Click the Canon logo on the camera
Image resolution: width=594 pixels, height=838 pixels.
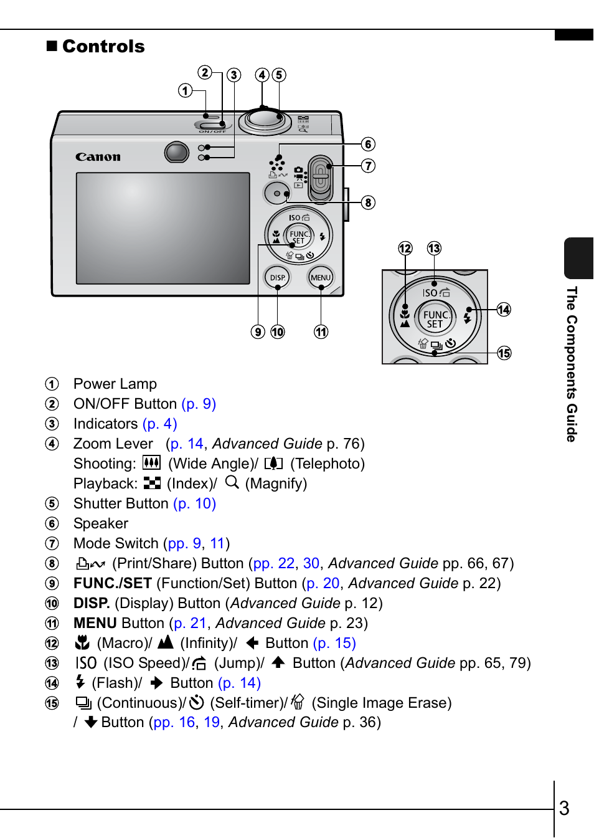[98, 157]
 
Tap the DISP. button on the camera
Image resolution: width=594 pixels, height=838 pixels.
[278, 278]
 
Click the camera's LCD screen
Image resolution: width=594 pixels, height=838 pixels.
[163, 228]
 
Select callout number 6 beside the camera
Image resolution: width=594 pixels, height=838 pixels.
[369, 145]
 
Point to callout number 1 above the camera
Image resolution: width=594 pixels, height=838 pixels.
[185, 91]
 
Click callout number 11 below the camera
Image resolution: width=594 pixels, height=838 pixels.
[321, 332]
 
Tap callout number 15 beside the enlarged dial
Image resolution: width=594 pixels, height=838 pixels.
[504, 353]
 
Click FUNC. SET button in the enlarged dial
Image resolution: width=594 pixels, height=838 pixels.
[435, 319]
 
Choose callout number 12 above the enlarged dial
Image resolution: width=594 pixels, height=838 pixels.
[405, 249]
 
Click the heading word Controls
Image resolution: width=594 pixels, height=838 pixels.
[103, 47]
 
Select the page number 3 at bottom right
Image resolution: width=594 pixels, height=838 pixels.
[564, 808]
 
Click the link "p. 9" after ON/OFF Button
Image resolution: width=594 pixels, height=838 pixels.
[199, 404]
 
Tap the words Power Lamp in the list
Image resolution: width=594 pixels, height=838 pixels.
[115, 384]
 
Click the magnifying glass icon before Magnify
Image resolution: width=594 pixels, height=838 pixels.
[232, 482]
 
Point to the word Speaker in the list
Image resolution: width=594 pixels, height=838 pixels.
[101, 523]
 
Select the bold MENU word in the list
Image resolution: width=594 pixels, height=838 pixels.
[95, 623]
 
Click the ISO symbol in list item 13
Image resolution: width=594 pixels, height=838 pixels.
[86, 663]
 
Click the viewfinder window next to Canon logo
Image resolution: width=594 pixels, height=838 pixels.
[177, 151]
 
